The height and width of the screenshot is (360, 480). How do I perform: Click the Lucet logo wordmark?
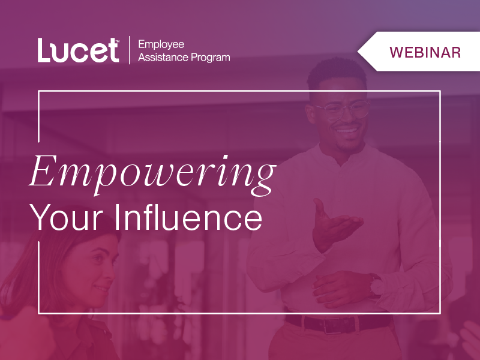[78, 50]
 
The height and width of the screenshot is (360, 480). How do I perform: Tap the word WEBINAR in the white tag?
[425, 52]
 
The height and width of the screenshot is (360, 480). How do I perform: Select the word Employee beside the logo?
[161, 44]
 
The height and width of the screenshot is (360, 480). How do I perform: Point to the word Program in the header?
[211, 58]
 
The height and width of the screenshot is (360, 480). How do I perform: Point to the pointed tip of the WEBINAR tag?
[359, 52]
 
